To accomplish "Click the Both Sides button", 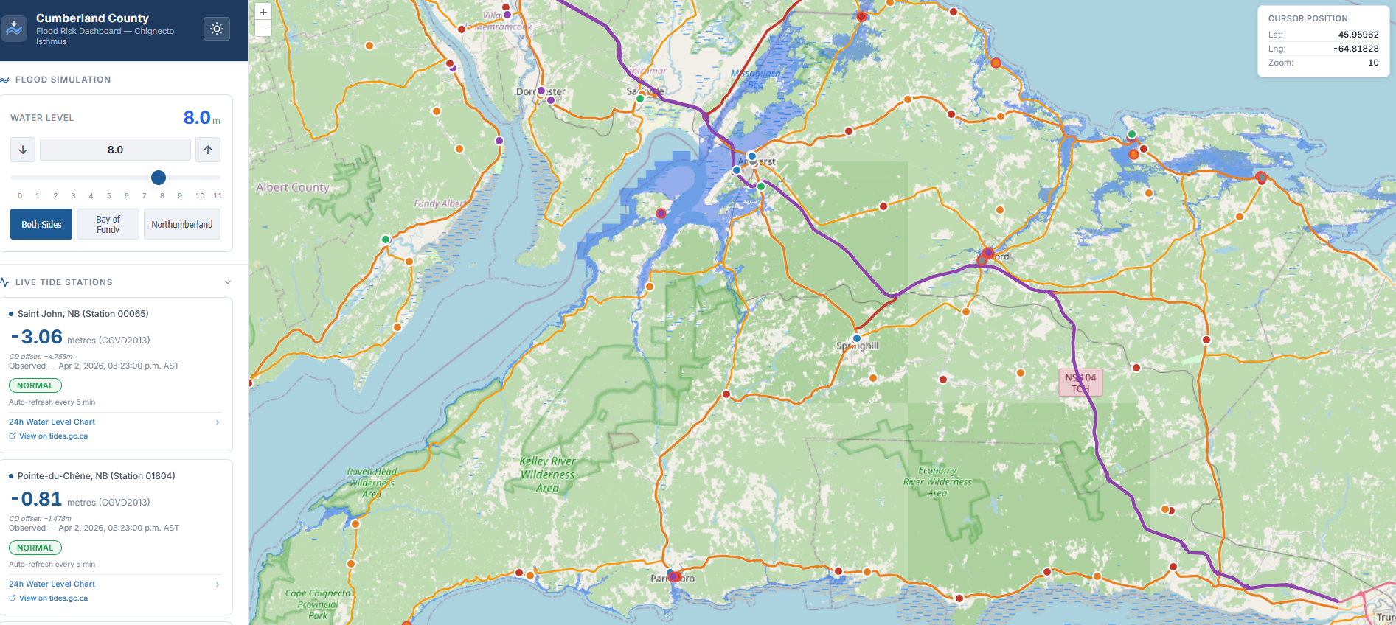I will click(41, 225).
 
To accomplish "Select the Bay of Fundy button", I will click(108, 225).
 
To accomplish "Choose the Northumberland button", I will click(181, 225).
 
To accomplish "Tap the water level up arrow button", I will click(208, 150).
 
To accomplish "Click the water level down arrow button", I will click(23, 150).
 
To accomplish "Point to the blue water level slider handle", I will click(159, 178).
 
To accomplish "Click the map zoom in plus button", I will click(263, 13).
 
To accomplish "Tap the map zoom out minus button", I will click(263, 29).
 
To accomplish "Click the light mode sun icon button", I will click(217, 29).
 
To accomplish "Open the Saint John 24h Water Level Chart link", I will click(52, 422).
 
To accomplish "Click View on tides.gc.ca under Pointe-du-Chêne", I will click(53, 598).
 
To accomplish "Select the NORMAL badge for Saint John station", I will click(35, 385).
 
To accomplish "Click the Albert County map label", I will click(292, 188).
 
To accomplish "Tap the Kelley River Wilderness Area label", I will click(547, 474).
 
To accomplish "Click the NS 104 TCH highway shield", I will click(1080, 383).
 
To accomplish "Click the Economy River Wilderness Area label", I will click(937, 481).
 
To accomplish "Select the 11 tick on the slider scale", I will click(218, 196).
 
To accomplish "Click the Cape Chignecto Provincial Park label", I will click(318, 604).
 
